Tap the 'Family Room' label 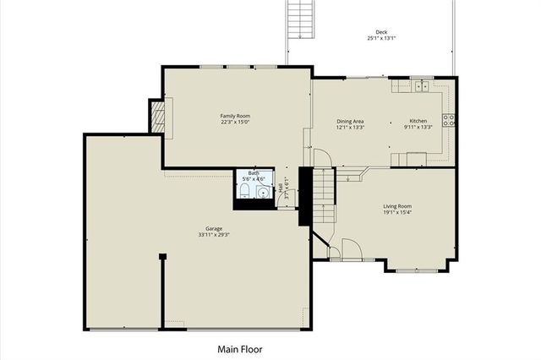(235, 116)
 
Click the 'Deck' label (382, 31)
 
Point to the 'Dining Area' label (350, 121)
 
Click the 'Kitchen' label (420, 121)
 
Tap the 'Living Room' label (397, 206)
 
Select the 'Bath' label (254, 172)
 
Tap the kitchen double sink (422, 85)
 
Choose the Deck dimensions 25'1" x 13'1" (382, 39)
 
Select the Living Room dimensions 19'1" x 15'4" (397, 213)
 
